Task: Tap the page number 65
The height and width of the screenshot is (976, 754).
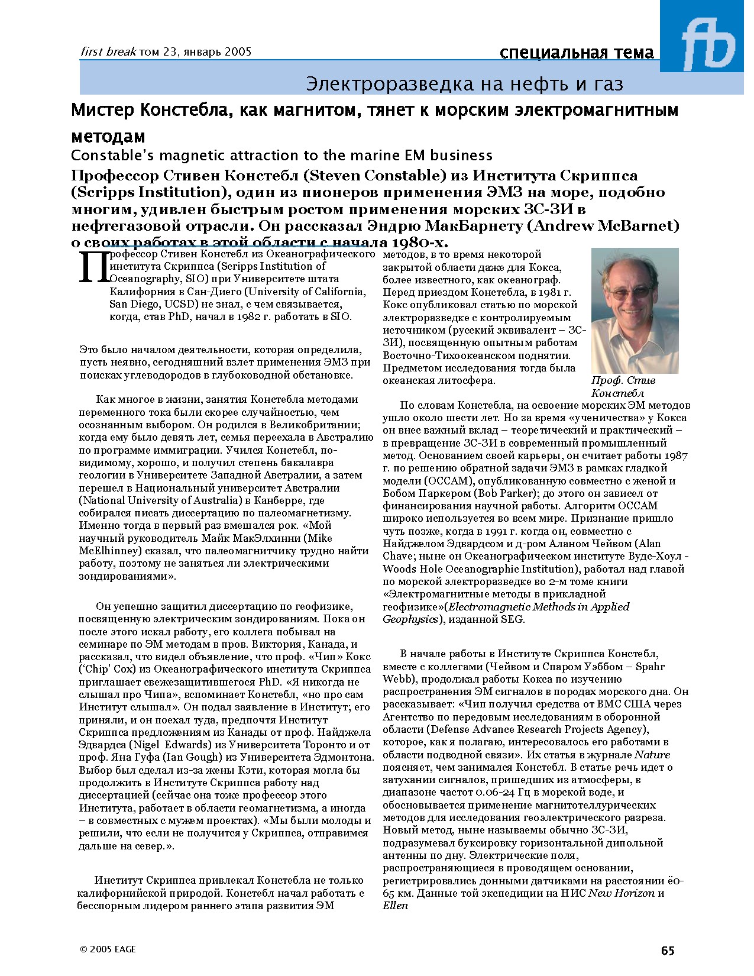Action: [668, 951]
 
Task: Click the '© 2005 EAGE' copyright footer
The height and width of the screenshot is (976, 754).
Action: [108, 949]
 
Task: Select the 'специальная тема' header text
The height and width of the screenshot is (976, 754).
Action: [577, 53]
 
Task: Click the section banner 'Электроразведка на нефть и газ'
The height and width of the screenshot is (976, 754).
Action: [464, 84]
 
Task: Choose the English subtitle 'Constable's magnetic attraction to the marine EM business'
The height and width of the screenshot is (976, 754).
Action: [281, 156]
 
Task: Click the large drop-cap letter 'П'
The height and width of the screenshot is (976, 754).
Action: [93, 267]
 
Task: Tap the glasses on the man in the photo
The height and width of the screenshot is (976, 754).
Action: [630, 293]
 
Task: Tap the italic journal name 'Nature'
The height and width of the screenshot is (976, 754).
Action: [652, 755]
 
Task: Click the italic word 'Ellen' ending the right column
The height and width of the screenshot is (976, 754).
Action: [395, 906]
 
